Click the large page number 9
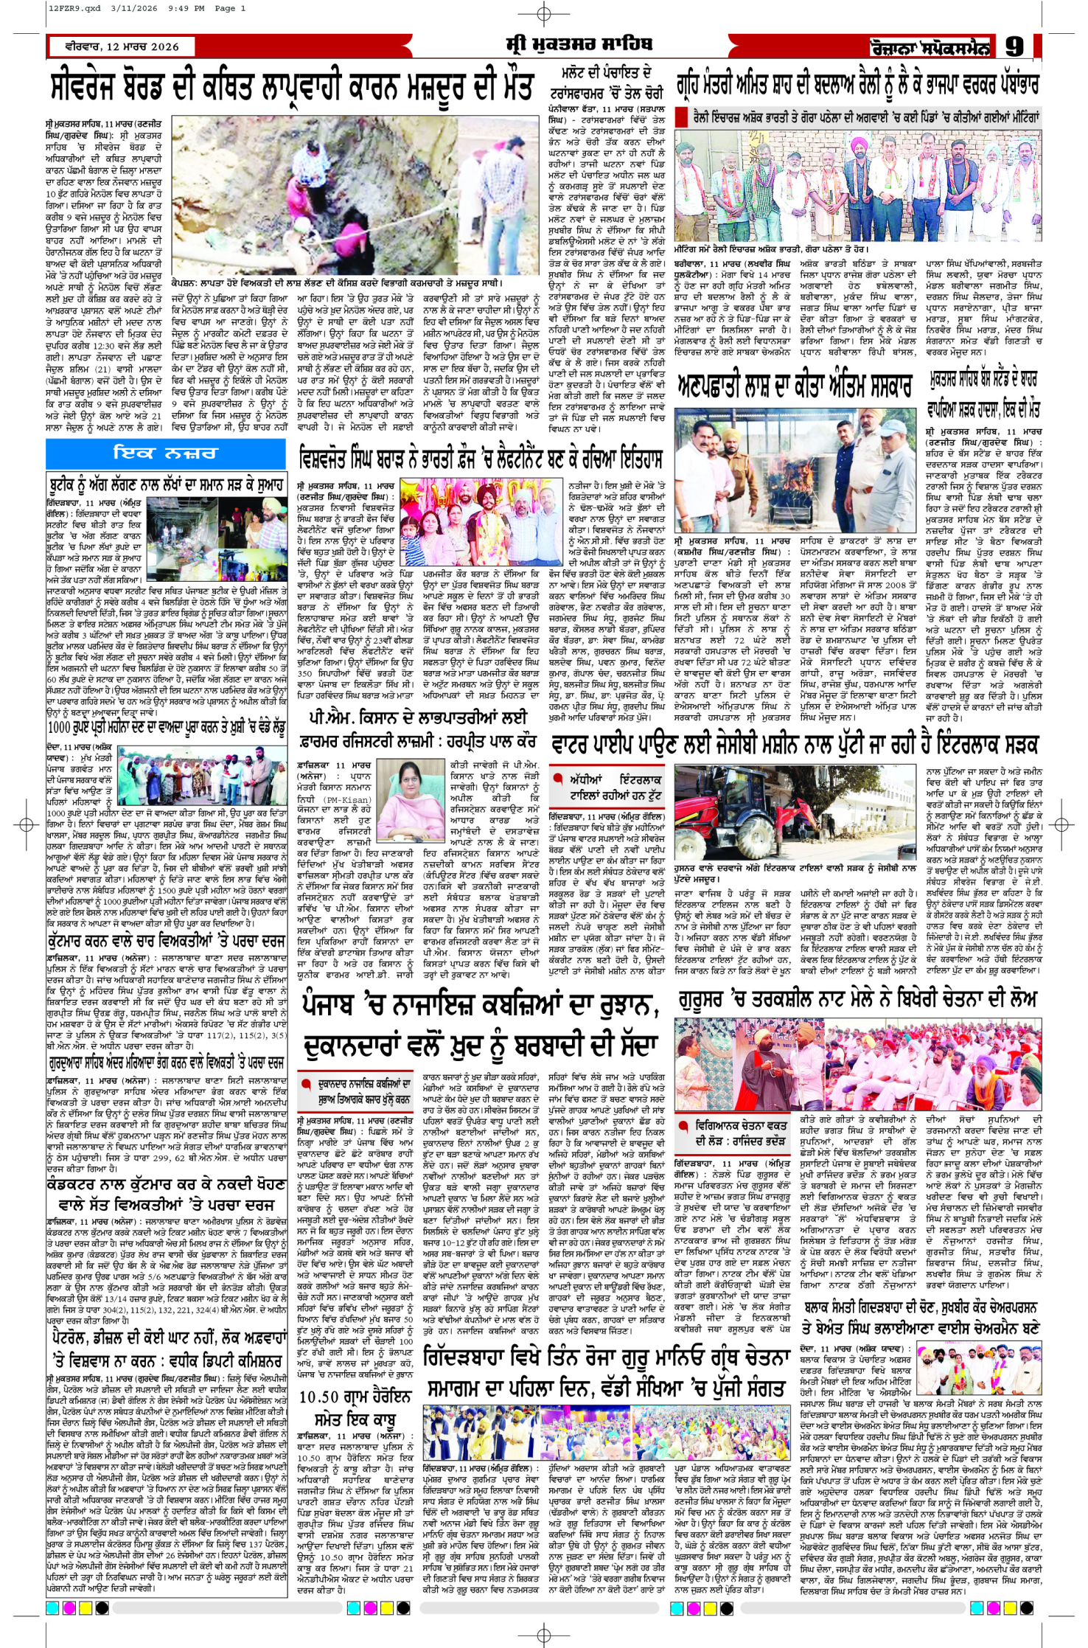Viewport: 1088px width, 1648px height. [x=1014, y=47]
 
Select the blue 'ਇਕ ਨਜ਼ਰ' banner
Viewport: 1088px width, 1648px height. [x=165, y=453]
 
